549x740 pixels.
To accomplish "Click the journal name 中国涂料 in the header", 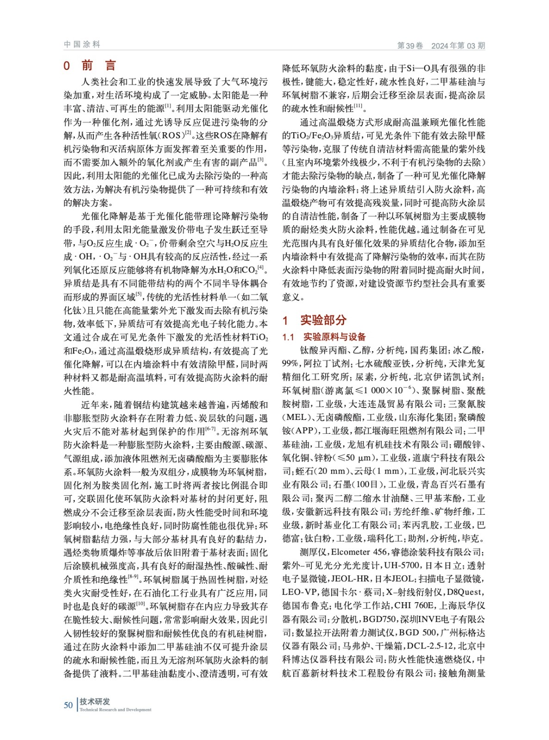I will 82,44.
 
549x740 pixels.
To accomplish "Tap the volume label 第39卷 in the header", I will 410,45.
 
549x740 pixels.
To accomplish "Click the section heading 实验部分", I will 323,320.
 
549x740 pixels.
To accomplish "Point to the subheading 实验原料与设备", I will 334,337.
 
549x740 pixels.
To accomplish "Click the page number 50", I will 68,705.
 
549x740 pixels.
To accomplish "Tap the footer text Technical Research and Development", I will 115,709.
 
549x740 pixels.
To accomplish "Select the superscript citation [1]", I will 168,106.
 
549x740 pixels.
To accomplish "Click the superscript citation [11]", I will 358,106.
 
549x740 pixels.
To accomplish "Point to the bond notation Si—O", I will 418,69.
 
